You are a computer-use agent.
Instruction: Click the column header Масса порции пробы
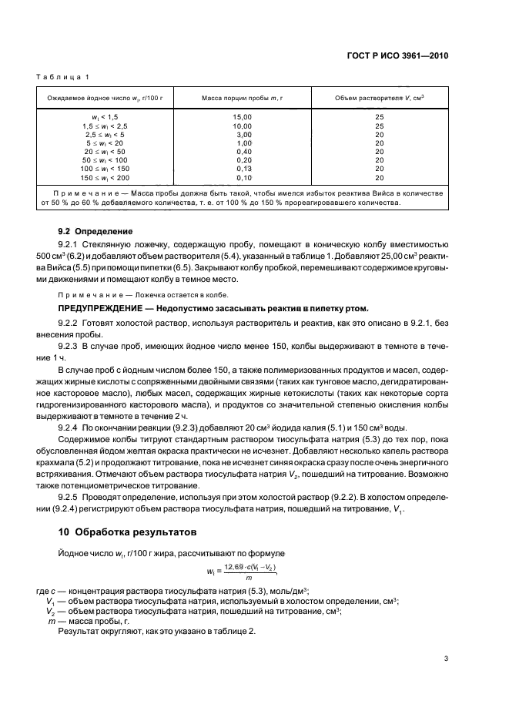243,98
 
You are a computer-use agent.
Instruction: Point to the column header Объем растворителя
380,98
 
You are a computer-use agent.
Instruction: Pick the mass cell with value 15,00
243,116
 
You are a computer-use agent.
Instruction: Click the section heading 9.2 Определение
96,230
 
